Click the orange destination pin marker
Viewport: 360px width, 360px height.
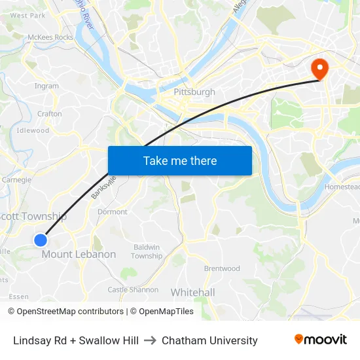(321, 68)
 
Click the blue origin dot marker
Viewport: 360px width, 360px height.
(41, 240)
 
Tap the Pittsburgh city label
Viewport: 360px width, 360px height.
(194, 92)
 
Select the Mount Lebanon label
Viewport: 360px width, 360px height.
(79, 254)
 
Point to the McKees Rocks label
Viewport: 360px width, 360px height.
(50, 37)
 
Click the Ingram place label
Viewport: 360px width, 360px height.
(46, 86)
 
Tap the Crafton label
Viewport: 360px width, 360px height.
(50, 113)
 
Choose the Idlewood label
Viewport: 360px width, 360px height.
(33, 130)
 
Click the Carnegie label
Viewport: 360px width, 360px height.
(16, 179)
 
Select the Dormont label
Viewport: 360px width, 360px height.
(112, 211)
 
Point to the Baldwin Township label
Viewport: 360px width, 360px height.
(147, 251)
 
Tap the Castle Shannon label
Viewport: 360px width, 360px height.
(133, 289)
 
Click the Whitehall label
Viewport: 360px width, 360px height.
(192, 292)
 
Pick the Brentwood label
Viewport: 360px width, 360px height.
(222, 268)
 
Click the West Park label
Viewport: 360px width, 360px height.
(28, 15)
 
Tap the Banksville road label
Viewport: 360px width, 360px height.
(103, 187)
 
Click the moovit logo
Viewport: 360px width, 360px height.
(321, 340)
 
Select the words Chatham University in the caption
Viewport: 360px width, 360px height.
(209, 340)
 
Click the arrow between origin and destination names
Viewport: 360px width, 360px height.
(150, 340)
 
